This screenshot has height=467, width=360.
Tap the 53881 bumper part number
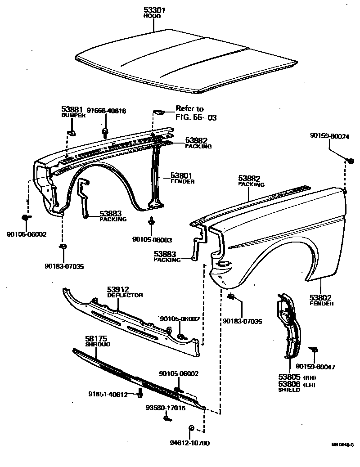coord(71,109)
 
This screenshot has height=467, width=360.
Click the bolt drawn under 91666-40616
coord(105,132)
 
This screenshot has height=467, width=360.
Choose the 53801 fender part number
coord(182,175)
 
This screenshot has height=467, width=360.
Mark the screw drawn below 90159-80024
coord(351,160)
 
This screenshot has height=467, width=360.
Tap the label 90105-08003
coord(152,240)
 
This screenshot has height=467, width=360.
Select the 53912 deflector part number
coord(118,289)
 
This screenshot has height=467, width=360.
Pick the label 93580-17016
coord(165,408)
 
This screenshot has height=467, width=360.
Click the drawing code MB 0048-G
coord(342,444)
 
